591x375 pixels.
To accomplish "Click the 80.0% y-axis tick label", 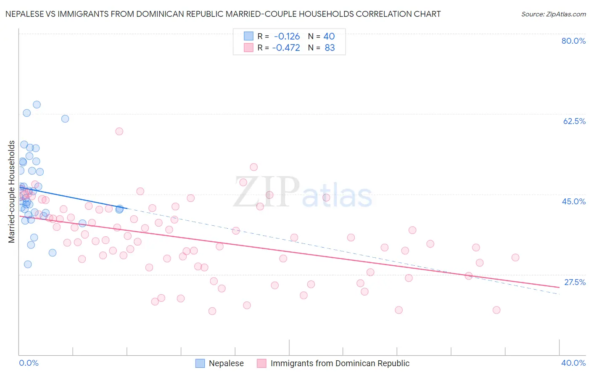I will (573, 41).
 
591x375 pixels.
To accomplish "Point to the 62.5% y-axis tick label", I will (574, 121).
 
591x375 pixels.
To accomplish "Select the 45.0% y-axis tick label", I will (574, 201).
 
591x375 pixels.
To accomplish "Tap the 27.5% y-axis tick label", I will (575, 282).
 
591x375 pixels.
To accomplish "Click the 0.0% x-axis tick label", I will (29, 363).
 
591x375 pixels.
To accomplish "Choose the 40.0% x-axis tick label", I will (573, 363).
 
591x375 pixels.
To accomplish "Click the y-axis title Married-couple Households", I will (12, 192).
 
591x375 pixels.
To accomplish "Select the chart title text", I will (223, 14).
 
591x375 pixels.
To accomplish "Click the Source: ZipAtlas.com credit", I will (553, 14).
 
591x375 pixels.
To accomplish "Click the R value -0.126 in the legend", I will (287, 36).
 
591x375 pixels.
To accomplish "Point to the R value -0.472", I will (286, 48).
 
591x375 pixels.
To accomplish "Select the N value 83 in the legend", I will (330, 48).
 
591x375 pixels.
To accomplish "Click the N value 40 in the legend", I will (329, 36).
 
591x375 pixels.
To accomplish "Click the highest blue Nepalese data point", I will (37, 105).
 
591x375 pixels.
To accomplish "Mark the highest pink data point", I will (119, 131).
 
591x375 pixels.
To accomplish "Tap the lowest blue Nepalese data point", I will (28, 264).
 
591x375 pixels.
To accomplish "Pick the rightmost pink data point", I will (515, 257).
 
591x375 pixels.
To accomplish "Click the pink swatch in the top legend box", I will (249, 48).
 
